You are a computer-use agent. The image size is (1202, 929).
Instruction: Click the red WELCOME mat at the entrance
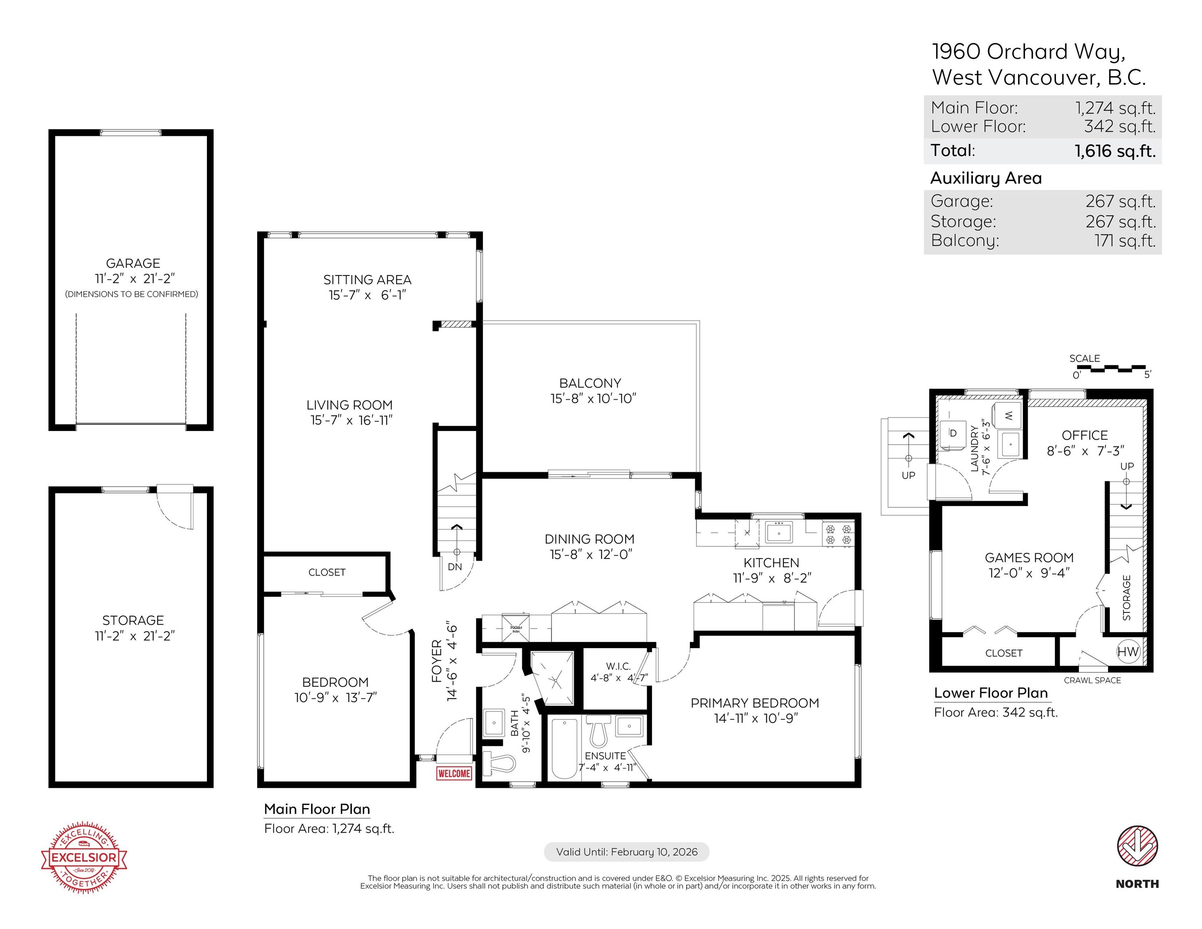pyautogui.click(x=454, y=773)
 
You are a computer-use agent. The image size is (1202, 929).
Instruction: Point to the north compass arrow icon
pyautogui.click(x=1137, y=846)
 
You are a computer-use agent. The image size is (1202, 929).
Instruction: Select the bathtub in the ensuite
pyautogui.click(x=564, y=748)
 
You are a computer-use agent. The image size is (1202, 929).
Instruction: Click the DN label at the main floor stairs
pyautogui.click(x=454, y=567)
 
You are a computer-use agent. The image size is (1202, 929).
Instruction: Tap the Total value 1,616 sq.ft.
pyautogui.click(x=1115, y=151)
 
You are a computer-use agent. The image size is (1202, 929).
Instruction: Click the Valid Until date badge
pyautogui.click(x=626, y=852)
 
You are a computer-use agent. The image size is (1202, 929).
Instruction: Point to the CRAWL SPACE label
pyautogui.click(x=1092, y=680)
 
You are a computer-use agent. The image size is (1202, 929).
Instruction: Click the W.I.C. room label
pyautogui.click(x=618, y=667)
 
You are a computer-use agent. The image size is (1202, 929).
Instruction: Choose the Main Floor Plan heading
pyautogui.click(x=317, y=809)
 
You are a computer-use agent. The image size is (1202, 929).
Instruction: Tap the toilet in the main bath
pyautogui.click(x=499, y=763)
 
